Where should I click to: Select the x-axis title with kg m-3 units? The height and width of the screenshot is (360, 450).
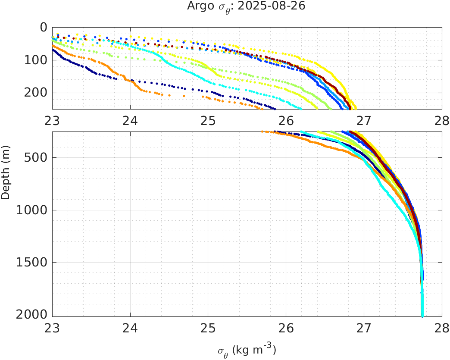tap(246, 350)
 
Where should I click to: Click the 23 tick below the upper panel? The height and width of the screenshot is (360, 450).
tap(52, 121)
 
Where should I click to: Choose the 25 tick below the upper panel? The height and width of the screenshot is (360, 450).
tap(208, 121)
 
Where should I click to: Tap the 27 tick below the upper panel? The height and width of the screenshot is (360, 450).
tap(364, 121)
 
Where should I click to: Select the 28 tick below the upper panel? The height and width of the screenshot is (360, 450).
tap(441, 121)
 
